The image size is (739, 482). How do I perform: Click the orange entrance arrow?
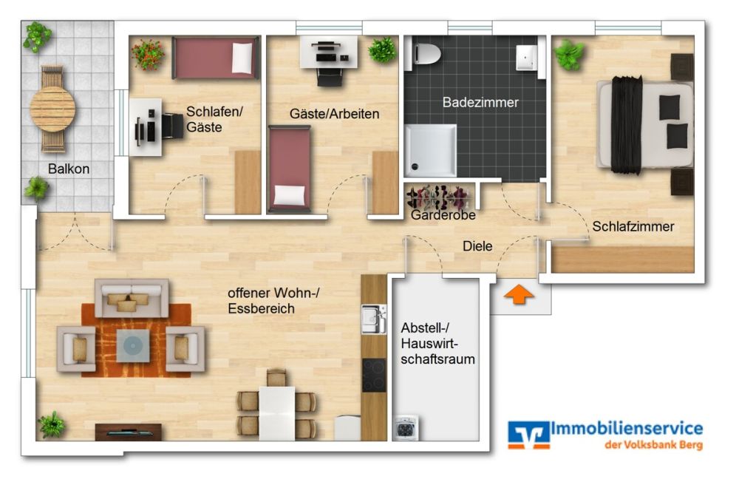click(x=519, y=294)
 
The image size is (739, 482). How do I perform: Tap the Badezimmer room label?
click(x=480, y=103)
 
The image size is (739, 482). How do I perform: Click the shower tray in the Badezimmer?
click(x=431, y=150)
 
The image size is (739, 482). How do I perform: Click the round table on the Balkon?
click(x=52, y=109)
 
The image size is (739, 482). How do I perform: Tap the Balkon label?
click(x=69, y=169)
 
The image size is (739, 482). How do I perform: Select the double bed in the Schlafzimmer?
click(x=646, y=125)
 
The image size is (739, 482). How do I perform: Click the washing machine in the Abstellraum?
click(x=404, y=429)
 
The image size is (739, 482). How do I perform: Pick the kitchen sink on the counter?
click(x=372, y=320)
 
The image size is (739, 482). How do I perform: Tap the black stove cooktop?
click(x=373, y=374)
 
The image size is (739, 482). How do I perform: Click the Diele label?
click(x=477, y=246)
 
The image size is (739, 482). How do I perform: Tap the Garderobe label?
click(x=443, y=215)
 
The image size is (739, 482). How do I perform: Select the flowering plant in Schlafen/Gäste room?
click(x=147, y=53)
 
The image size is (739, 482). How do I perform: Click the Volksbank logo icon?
click(x=528, y=434)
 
